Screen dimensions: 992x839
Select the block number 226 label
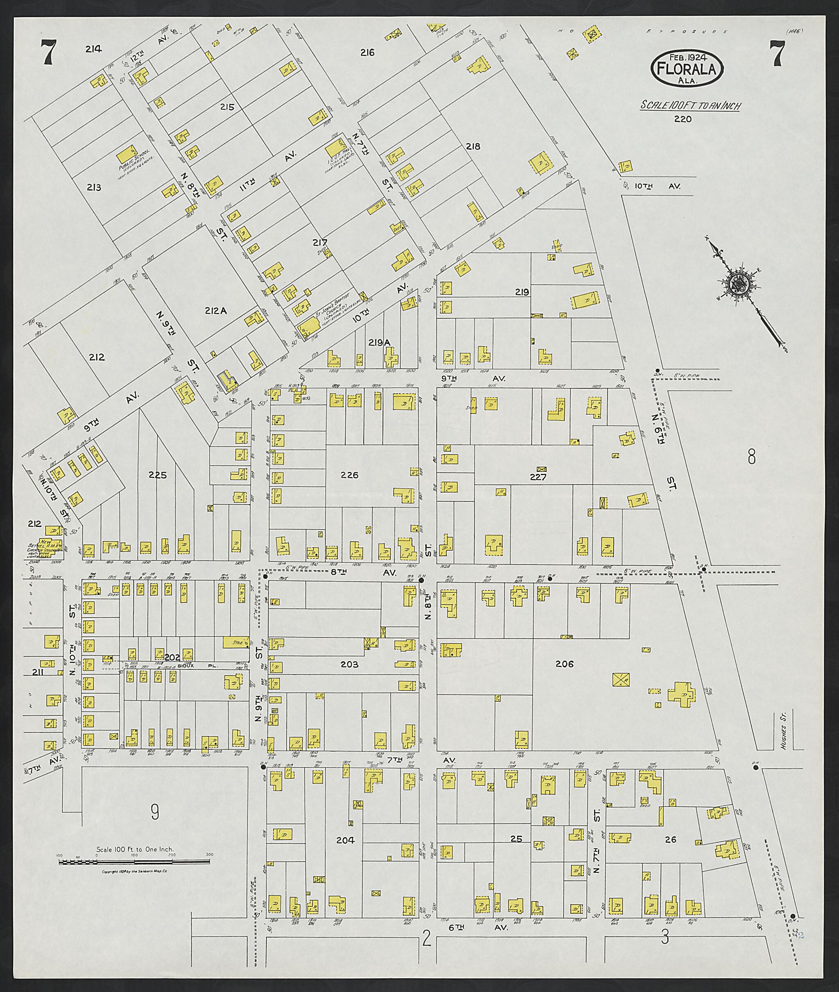(x=349, y=475)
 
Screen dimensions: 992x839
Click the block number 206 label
(x=565, y=664)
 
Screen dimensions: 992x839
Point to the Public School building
(x=127, y=154)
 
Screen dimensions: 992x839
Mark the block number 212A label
(x=215, y=311)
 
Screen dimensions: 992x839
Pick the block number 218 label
(x=473, y=146)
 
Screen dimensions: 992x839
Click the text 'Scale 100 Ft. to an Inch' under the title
(x=689, y=106)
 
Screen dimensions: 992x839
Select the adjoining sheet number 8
(x=751, y=458)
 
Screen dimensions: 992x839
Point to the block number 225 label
(x=157, y=475)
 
